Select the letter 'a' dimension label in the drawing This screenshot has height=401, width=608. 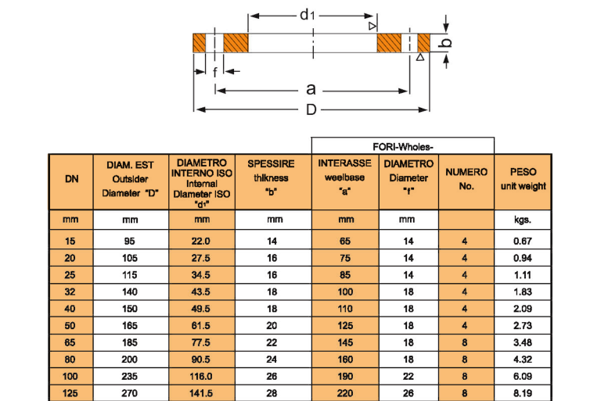[311, 90]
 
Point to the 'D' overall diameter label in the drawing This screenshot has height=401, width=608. [311, 110]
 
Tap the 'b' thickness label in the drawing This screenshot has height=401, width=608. [446, 43]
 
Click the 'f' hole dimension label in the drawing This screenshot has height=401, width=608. [215, 72]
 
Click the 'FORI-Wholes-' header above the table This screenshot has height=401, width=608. [403, 145]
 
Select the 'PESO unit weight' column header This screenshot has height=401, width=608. [523, 179]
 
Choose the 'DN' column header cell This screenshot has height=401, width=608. [71, 179]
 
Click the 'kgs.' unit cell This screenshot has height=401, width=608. [523, 220]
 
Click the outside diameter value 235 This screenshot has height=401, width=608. [130, 377]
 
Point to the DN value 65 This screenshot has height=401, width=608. [71, 342]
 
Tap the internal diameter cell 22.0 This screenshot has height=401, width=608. [201, 242]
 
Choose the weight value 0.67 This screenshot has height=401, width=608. [523, 242]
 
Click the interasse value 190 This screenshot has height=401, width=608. [345, 377]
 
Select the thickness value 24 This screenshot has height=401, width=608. [272, 360]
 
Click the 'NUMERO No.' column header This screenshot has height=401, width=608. [466, 179]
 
